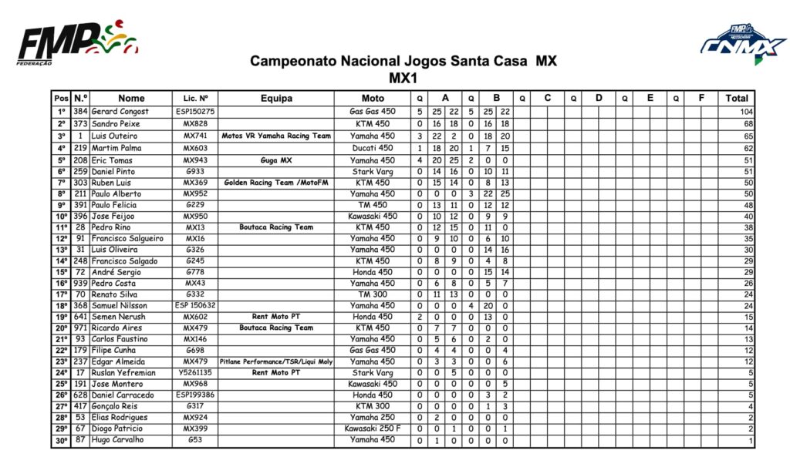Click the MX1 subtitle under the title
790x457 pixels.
click(403, 77)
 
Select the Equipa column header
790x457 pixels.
click(276, 98)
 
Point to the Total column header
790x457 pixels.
click(736, 98)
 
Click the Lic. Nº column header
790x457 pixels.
click(195, 98)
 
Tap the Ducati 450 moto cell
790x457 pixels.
click(373, 148)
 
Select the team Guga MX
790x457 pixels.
click(276, 160)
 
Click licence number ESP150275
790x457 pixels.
click(195, 112)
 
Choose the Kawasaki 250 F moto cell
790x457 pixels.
click(373, 428)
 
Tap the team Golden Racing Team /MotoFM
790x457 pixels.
click(276, 183)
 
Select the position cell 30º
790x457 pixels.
click(61, 440)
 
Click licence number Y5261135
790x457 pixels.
click(195, 373)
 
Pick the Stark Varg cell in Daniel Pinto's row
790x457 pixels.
click(373, 171)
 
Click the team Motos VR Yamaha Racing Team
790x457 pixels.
click(276, 136)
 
